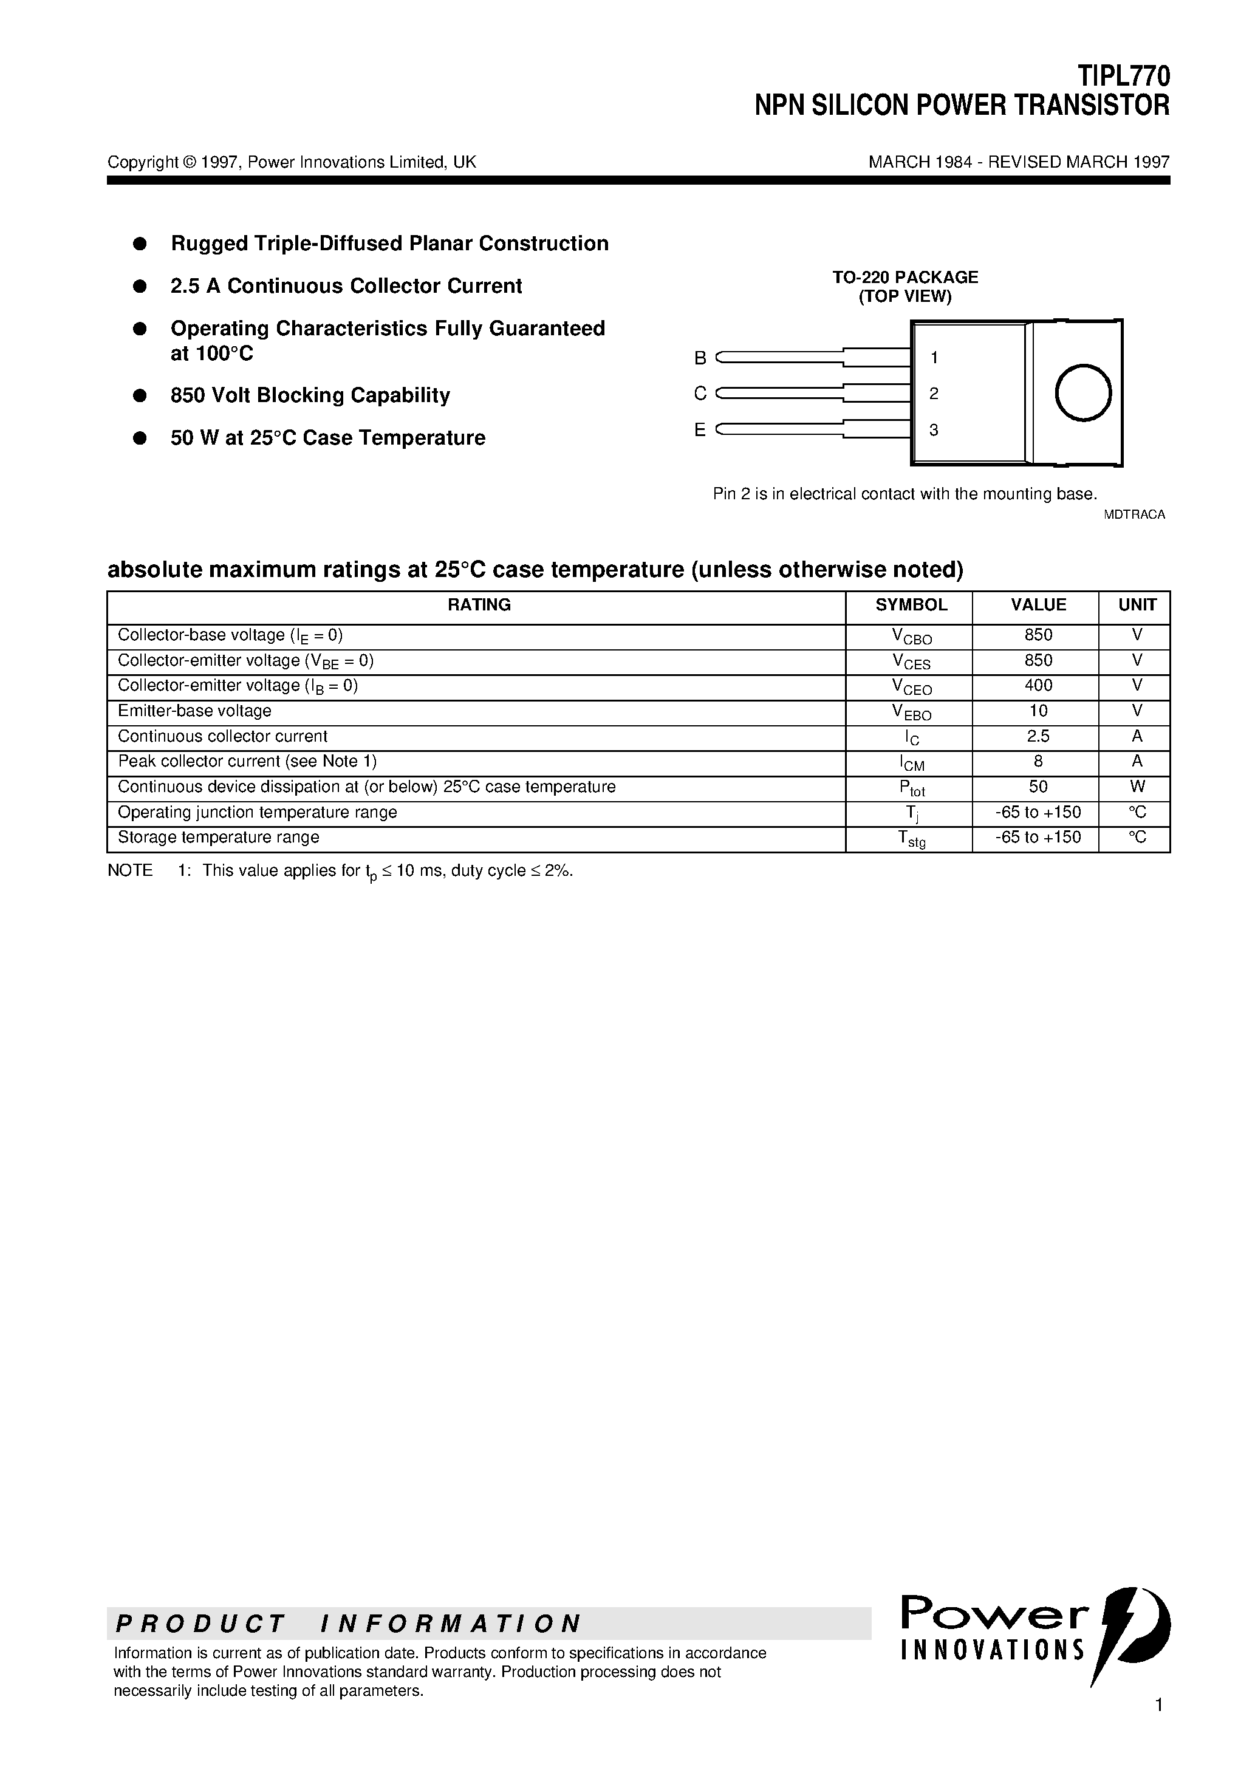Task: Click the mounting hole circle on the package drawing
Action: (x=1083, y=393)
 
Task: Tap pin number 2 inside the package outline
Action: (x=934, y=394)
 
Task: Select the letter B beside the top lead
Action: (x=700, y=358)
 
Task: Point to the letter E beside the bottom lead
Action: (x=700, y=430)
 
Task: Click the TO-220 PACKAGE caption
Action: (x=905, y=277)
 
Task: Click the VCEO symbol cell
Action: (x=911, y=687)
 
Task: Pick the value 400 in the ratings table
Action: (x=1038, y=685)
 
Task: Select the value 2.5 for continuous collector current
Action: (x=1038, y=736)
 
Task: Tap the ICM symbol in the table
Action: (x=911, y=763)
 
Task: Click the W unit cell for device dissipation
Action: (x=1137, y=787)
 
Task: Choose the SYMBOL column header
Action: (x=911, y=605)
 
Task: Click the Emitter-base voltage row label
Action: (x=194, y=711)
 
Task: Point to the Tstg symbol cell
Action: (x=911, y=838)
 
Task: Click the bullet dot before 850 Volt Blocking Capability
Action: (x=140, y=395)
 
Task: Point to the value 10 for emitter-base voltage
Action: (x=1038, y=711)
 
